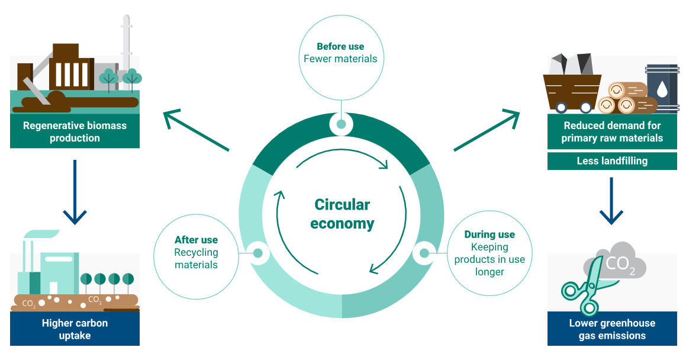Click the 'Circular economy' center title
click(342, 214)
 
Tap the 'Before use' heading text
click(340, 47)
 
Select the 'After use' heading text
click(196, 240)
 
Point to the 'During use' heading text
click(489, 234)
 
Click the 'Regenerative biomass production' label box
click(75, 131)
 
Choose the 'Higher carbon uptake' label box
click(75, 329)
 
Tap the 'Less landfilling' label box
click(612, 161)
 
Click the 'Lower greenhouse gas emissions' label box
click(612, 329)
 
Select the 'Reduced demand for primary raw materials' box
click(612, 131)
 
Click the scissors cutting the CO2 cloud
click(583, 290)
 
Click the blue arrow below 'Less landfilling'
click(612, 201)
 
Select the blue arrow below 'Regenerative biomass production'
click(75, 192)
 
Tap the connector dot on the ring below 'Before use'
click(341, 124)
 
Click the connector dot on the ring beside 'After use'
click(257, 253)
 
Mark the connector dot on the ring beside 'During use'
click(424, 253)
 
